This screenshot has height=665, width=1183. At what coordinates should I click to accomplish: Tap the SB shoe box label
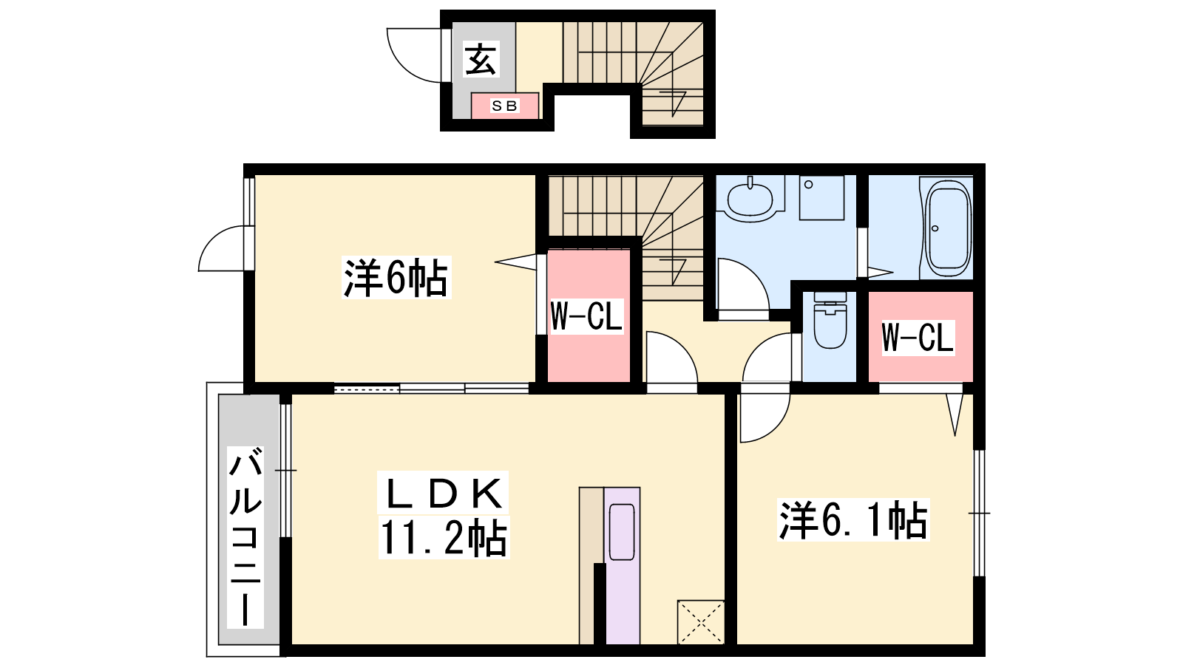505,106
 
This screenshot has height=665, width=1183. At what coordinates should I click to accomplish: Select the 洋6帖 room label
396,278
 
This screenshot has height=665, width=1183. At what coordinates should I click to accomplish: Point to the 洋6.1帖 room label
853,520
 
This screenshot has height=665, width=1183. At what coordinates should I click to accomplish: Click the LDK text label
443,493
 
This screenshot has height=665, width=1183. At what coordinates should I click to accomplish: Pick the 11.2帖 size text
444,538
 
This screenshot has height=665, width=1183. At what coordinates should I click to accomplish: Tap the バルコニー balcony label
245,536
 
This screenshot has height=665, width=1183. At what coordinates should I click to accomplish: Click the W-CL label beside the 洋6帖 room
586,316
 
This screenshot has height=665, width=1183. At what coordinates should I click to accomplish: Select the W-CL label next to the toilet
918,337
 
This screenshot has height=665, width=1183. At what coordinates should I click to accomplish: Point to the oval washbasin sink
750,199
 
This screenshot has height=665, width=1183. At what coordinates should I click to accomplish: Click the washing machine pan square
821,198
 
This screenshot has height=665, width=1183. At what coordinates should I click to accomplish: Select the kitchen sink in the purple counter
622,532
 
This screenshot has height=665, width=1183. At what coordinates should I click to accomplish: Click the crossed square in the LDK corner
701,622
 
